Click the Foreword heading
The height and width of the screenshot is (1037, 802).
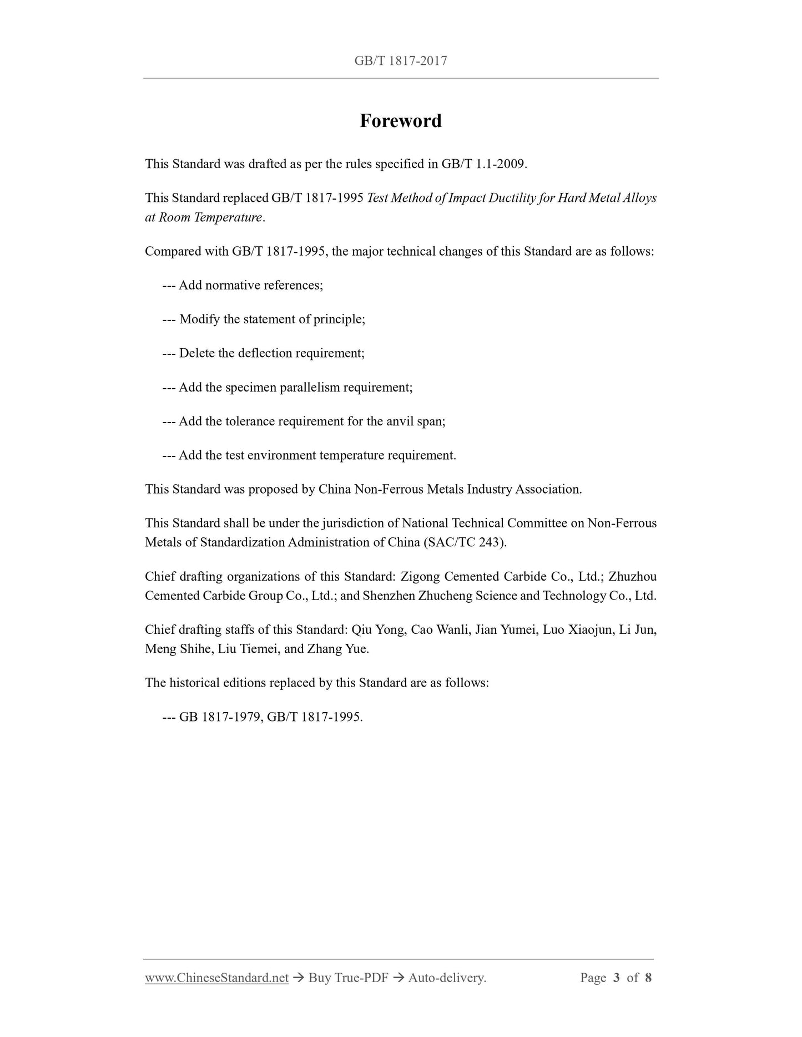pos(400,121)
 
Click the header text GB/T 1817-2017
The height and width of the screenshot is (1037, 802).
pos(400,61)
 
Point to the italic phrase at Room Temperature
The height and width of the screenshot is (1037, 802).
pos(203,217)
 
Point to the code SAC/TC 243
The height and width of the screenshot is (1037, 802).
pos(465,542)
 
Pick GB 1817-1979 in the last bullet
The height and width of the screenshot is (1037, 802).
pos(220,717)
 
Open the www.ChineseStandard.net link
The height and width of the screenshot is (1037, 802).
pos(216,978)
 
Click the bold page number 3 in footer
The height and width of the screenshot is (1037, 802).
pos(617,978)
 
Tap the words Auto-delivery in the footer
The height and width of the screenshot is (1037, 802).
pos(447,978)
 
